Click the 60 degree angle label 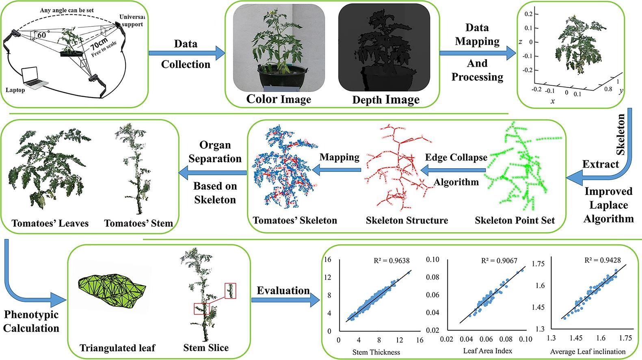[x=41, y=35]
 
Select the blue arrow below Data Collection [x=186, y=53]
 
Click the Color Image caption [x=279, y=99]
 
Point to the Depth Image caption [x=386, y=100]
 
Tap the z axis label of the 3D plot [x=520, y=42]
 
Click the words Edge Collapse [x=456, y=158]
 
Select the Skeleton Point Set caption [x=514, y=221]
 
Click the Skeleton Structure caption [x=407, y=221]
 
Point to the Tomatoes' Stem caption [x=138, y=223]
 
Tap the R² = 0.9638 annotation [x=391, y=261]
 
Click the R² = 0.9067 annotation [x=499, y=261]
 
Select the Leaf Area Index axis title [x=487, y=350]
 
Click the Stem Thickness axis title [x=376, y=352]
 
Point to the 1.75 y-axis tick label [x=538, y=264]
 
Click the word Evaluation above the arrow [x=283, y=291]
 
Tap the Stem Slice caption [x=206, y=348]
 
